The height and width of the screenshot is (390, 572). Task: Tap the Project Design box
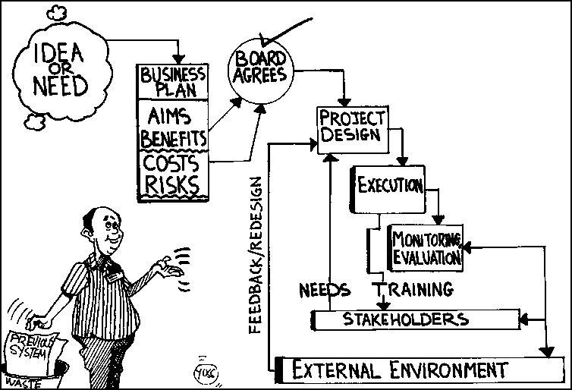click(x=352, y=130)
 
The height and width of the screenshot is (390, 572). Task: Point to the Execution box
click(x=388, y=187)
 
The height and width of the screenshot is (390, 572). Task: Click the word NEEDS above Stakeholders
click(x=324, y=290)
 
